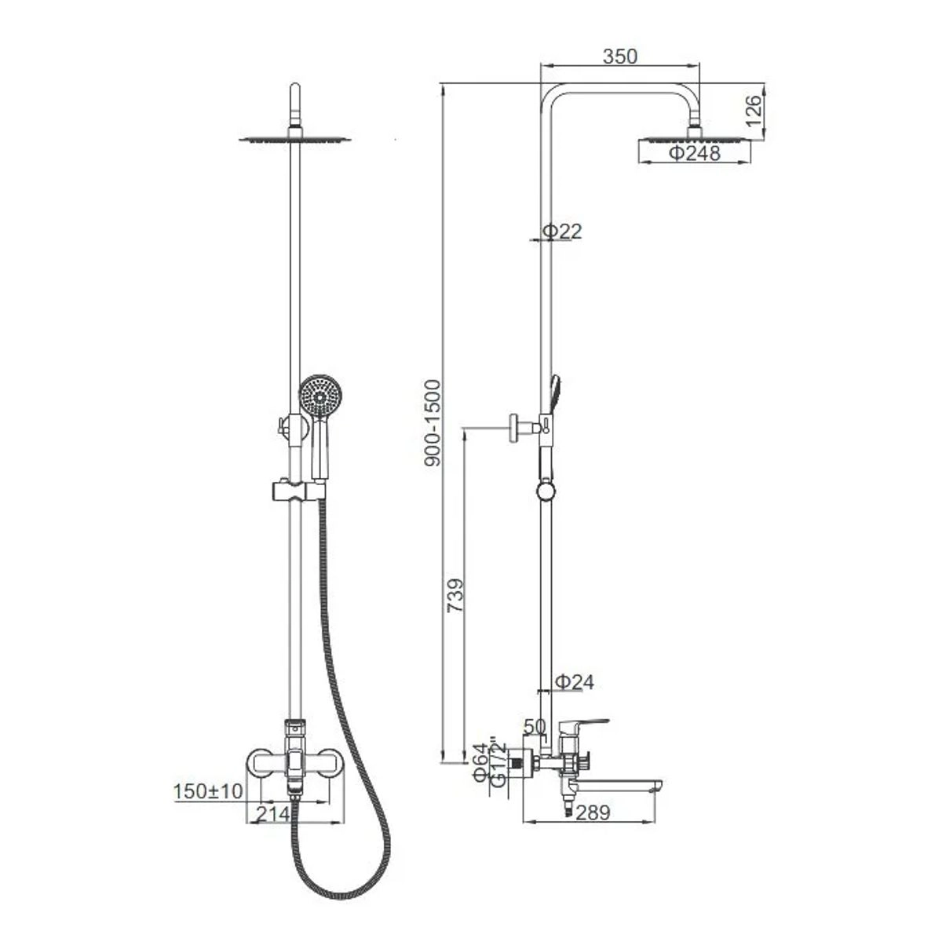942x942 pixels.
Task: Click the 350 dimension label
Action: pyautogui.click(x=620, y=57)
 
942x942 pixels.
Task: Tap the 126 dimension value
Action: pyautogui.click(x=754, y=111)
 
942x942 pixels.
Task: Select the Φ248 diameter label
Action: pyautogui.click(x=694, y=154)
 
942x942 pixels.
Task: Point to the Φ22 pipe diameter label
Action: pyautogui.click(x=563, y=232)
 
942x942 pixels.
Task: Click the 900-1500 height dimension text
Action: pyautogui.click(x=433, y=423)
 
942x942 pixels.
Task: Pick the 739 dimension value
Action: pyautogui.click(x=455, y=595)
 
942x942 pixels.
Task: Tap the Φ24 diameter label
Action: pyautogui.click(x=575, y=682)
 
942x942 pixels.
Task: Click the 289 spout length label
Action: pyautogui.click(x=593, y=813)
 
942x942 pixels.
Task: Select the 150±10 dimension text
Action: pyautogui.click(x=208, y=791)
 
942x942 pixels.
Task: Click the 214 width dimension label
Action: pyautogui.click(x=273, y=814)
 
